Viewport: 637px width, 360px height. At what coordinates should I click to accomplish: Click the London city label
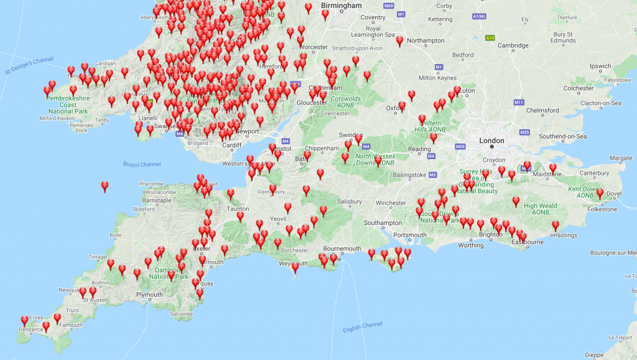tap(491, 141)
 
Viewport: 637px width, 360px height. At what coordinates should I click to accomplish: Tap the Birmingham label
tap(341, 6)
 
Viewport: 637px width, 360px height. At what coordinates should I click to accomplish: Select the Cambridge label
tap(513, 45)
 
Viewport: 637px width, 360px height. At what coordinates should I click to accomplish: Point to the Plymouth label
tap(150, 295)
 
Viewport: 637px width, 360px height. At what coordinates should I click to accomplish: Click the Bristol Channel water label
tap(142, 164)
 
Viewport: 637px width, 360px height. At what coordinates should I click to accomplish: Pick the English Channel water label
tap(363, 326)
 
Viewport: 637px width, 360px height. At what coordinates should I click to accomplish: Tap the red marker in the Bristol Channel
tap(105, 186)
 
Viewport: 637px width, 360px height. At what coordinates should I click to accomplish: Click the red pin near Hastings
tap(556, 226)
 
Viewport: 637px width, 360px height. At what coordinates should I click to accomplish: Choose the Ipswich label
tap(600, 66)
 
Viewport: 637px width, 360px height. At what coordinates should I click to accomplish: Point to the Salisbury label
tap(349, 201)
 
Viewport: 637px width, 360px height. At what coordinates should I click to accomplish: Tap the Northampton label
tap(425, 41)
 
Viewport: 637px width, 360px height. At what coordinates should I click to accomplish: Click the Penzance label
tap(14, 329)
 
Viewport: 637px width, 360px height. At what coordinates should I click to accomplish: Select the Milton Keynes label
tap(436, 78)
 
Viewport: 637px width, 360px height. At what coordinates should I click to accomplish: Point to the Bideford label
tap(144, 210)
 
